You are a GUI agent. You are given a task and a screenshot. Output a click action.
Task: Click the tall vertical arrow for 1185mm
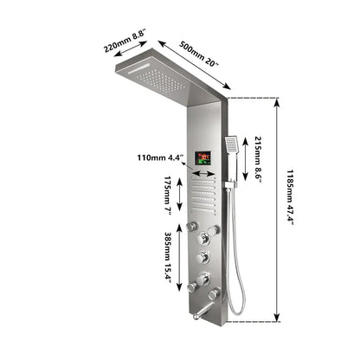coord(278,208)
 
